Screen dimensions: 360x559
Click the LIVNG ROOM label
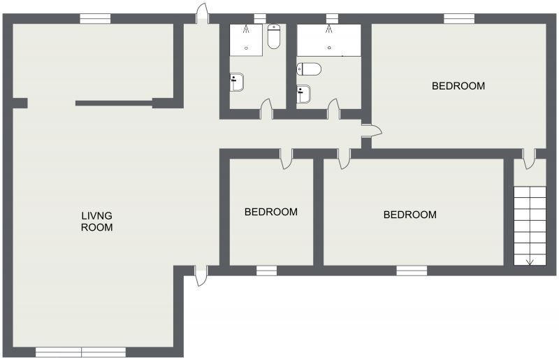tap(96, 221)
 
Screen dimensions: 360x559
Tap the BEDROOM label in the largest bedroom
tap(458, 86)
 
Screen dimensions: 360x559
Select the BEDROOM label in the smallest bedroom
tap(270, 212)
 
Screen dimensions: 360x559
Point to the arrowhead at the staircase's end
tap(530, 262)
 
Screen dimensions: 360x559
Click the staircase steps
tap(530, 224)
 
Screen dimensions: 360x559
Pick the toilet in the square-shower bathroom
tap(274, 37)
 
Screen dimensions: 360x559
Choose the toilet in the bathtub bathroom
tap(309, 69)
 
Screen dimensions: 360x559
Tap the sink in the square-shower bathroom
tap(238, 82)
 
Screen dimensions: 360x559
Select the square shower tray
tap(247, 40)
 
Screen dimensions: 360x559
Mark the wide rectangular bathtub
tap(329, 40)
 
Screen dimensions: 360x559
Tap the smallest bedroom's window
tap(266, 271)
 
